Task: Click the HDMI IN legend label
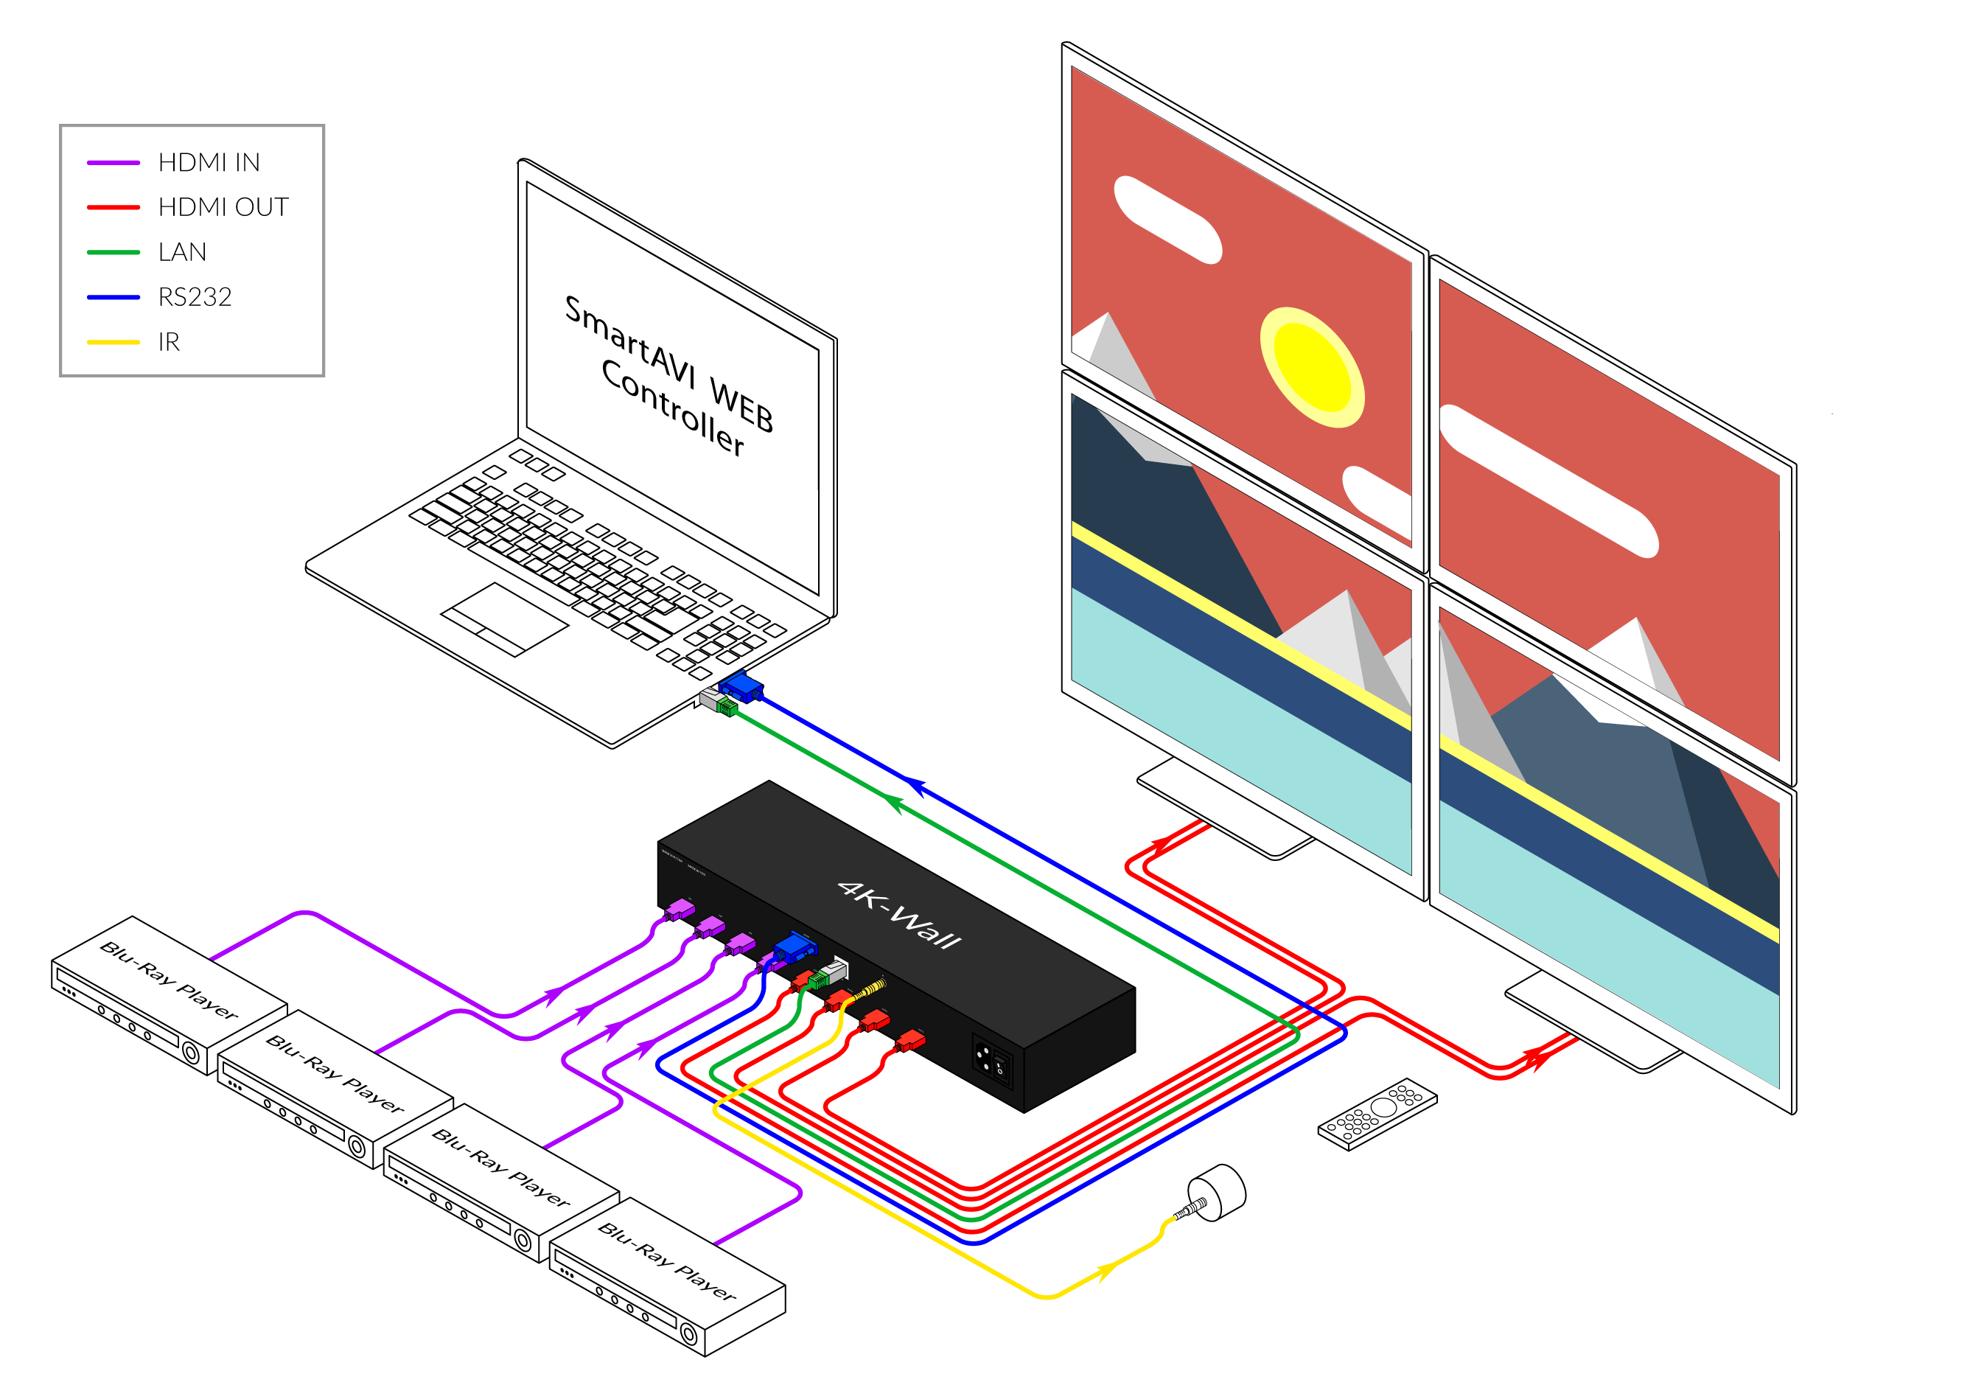[209, 162]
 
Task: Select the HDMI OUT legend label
[223, 207]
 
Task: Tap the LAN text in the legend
[182, 252]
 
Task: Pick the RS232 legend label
[195, 297]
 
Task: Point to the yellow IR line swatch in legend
[113, 342]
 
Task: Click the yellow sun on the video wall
[1312, 367]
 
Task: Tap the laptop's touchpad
[504, 618]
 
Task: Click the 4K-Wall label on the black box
[899, 915]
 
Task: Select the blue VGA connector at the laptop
[741, 687]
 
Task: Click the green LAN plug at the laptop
[727, 708]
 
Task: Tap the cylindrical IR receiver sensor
[1218, 1192]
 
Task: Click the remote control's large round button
[1383, 1107]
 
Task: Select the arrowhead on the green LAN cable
[894, 803]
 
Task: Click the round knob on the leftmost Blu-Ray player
[191, 1053]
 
